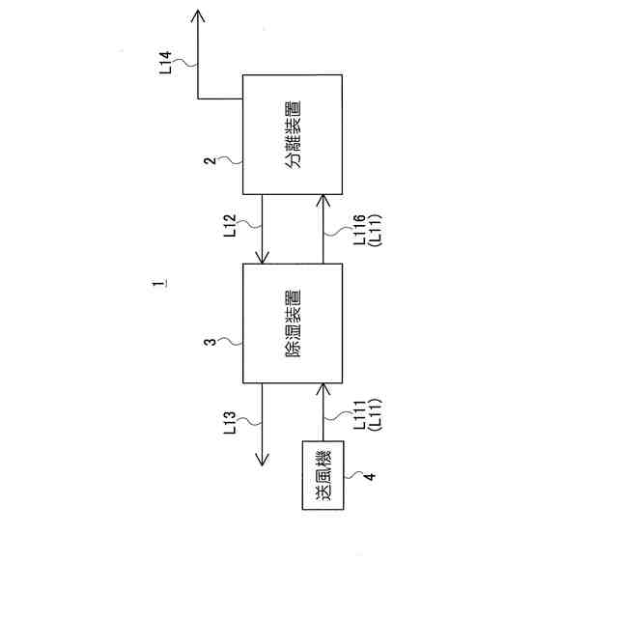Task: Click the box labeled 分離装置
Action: pos(294,133)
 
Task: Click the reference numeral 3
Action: pos(211,344)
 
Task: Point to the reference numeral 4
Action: pos(366,475)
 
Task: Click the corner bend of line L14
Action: pos(199,98)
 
